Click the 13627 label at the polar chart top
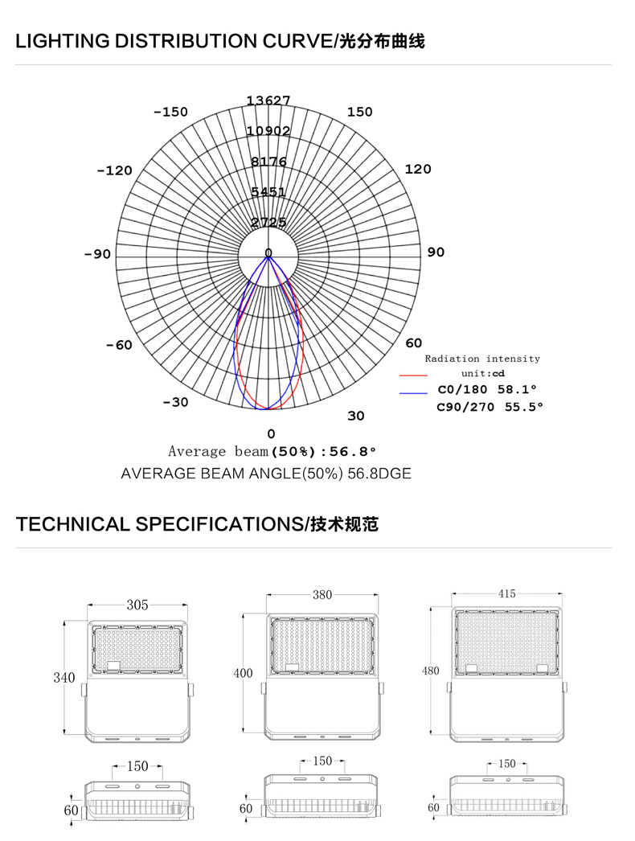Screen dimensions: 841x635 268,101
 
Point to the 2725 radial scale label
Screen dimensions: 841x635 268,222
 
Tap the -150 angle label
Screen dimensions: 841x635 170,112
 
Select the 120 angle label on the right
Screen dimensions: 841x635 418,169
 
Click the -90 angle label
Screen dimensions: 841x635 97,254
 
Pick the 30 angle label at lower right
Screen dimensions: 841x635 356,416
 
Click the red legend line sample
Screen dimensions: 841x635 412,375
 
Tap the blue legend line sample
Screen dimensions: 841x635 412,392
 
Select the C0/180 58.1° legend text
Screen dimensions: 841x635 487,389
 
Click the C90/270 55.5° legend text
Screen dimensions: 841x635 490,407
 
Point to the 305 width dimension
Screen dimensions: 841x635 137,605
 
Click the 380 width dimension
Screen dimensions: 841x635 322,596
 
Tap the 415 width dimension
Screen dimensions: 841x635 506,594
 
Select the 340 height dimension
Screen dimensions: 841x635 64,678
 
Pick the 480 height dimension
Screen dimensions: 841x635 432,671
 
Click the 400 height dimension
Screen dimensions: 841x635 243,673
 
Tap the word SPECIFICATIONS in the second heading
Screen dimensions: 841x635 219,525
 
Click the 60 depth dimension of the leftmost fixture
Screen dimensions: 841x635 71,810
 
